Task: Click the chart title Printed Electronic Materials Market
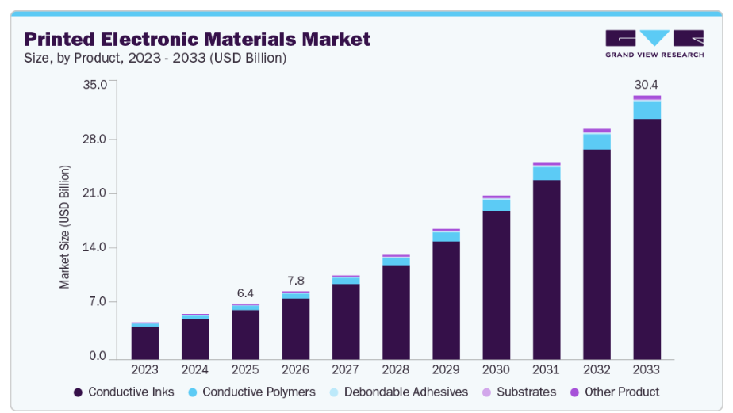197,39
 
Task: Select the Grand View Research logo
654,44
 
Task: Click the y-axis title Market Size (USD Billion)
65,227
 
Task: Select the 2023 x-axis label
145,369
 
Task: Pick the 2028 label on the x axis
396,369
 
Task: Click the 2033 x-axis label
647,369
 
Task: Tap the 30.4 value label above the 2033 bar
647,85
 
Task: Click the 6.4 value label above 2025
245,293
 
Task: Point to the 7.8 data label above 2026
295,281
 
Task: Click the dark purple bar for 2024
195,338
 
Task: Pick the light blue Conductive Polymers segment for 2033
647,110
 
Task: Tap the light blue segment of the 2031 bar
547,174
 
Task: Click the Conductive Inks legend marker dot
78,392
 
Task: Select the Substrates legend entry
520,392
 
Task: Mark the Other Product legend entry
615,392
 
